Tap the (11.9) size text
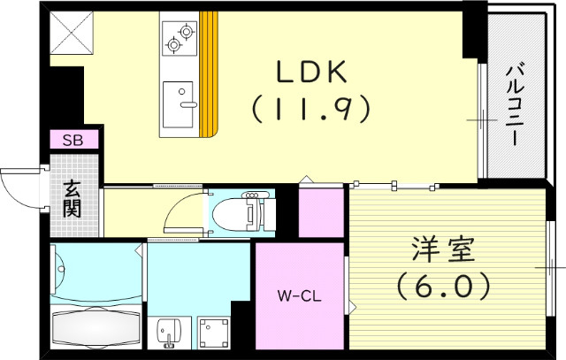[309, 111]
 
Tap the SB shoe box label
[73, 139]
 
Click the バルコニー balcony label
[516, 96]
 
